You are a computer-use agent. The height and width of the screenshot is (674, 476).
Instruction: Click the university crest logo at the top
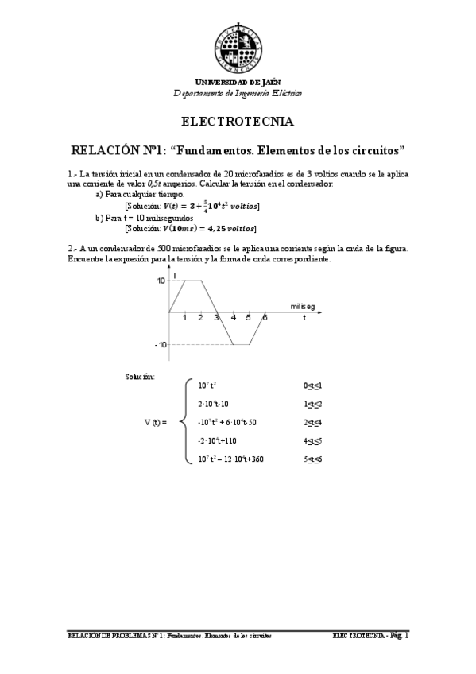tap(238, 45)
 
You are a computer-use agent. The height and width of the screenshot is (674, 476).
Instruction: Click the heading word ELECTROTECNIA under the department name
tap(238, 122)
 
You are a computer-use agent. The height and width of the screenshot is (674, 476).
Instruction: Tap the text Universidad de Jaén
tap(238, 83)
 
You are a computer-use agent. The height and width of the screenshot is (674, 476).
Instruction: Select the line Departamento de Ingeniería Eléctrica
tap(238, 93)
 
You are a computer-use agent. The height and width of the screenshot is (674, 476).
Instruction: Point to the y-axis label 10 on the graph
tap(161, 281)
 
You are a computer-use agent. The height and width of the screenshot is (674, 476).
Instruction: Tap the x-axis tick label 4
tap(233, 318)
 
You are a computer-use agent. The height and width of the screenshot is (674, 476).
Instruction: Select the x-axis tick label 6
tap(265, 318)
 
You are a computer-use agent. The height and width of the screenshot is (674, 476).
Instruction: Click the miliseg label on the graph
tap(303, 305)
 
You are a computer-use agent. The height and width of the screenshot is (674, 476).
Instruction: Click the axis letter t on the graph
tap(304, 318)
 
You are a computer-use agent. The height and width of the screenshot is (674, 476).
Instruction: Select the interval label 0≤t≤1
tap(312, 385)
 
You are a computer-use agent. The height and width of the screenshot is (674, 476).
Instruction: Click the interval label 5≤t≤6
tap(312, 459)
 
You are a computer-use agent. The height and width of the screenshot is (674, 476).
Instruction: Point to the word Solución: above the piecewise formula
tap(141, 375)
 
